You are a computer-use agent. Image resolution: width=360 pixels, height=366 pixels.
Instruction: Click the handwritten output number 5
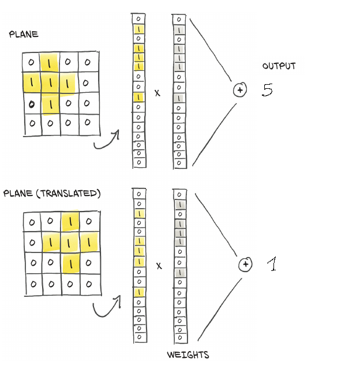coord(267,90)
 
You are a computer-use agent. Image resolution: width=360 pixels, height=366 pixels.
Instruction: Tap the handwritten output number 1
coord(272,265)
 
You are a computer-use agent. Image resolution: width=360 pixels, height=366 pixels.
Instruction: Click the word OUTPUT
coord(279,66)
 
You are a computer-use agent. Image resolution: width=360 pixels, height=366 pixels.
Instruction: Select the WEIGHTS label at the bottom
coord(188,355)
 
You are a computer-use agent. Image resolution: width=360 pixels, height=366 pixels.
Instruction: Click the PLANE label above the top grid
coord(24,35)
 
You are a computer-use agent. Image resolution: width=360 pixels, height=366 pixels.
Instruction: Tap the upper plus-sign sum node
coord(240,90)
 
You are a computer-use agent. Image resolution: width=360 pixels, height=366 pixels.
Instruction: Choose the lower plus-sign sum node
coord(246,265)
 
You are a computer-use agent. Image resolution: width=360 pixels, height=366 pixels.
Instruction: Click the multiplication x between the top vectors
coord(157,92)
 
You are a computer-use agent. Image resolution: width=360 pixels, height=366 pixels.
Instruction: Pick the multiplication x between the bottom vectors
coord(159,266)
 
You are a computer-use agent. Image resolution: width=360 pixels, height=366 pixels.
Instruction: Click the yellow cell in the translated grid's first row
coord(70,221)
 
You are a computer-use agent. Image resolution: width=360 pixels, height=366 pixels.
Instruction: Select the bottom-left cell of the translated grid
coord(33,283)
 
